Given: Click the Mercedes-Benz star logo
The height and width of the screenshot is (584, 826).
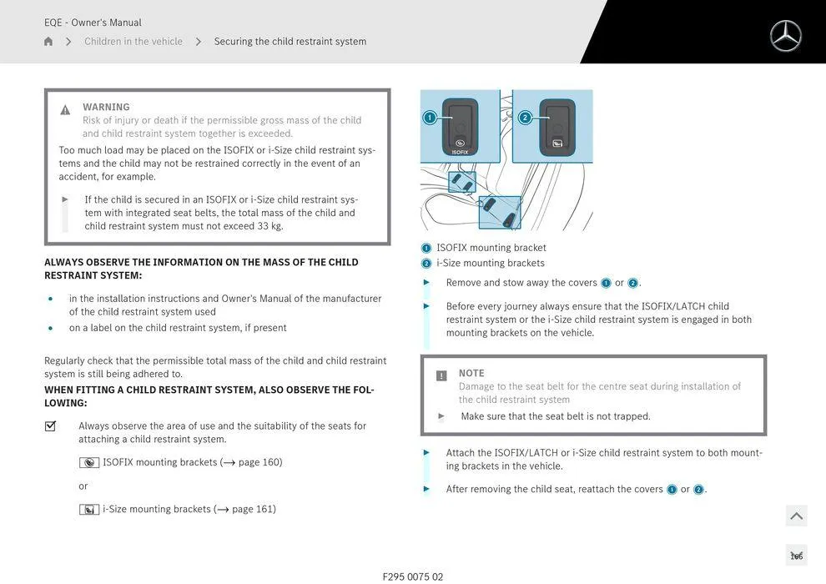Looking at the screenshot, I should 785,36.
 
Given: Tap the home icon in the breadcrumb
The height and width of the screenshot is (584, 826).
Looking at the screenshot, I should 48,42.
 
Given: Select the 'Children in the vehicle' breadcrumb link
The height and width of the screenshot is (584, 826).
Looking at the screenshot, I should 133,42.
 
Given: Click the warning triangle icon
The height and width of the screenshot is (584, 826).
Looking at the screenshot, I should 65,110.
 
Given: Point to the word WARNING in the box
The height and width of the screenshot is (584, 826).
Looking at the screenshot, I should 106,107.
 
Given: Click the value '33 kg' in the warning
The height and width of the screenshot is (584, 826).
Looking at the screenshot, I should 270,226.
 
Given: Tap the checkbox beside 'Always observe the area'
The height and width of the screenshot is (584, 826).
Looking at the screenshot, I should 50,426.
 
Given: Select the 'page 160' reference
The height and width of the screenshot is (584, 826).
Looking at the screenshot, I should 260,462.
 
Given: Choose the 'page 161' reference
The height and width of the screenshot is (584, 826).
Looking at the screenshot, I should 254,509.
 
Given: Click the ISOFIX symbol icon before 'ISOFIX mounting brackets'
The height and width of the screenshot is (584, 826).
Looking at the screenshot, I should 89,463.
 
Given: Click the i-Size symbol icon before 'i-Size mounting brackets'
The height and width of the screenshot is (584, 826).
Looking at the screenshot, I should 89,510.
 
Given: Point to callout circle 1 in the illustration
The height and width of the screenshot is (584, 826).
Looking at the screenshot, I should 430,118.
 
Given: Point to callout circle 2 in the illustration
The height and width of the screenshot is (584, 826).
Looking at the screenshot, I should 525,118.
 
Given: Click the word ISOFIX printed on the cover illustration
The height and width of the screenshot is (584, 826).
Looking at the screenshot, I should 460,152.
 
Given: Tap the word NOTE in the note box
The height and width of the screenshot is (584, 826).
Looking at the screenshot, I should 471,373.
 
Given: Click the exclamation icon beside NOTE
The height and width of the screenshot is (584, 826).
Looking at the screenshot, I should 441,376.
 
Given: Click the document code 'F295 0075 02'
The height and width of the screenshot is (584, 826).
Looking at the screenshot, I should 413,576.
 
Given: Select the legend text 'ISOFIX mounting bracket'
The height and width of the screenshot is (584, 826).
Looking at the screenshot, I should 491,248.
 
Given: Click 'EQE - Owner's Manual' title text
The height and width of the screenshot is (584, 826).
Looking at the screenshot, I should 93,23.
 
